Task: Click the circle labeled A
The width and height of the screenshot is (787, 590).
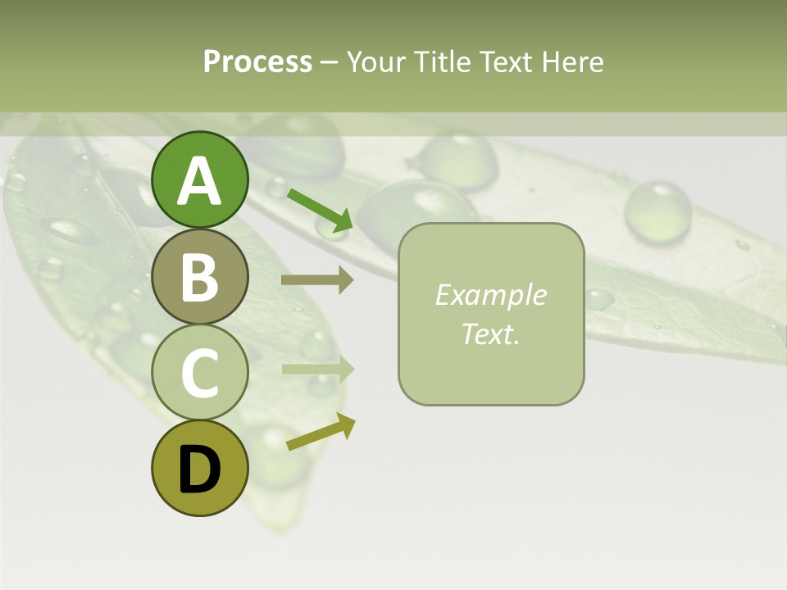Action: (199, 179)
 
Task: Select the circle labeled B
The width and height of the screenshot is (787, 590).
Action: (199, 276)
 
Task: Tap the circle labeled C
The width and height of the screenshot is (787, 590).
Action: (199, 372)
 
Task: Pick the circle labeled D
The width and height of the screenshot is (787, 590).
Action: (199, 468)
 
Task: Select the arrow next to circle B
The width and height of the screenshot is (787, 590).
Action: (317, 280)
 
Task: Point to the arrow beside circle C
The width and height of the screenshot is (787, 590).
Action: (317, 369)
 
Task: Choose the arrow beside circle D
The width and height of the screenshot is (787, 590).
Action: (321, 432)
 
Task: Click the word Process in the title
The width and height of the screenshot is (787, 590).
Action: (257, 61)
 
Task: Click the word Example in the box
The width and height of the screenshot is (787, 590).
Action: (490, 295)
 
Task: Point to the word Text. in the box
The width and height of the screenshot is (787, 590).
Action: (490, 334)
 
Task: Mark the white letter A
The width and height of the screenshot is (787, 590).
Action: (199, 181)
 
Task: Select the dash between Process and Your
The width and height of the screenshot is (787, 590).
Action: (329, 62)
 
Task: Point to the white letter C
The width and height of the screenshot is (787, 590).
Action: (199, 373)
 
